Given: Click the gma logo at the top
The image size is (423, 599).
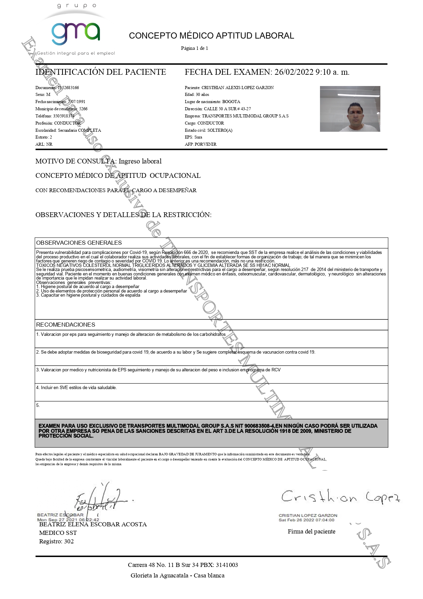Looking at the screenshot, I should tap(76, 33).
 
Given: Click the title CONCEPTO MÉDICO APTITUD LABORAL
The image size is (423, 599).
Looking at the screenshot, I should tap(211, 36).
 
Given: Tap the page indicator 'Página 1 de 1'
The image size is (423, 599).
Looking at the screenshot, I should tap(194, 48).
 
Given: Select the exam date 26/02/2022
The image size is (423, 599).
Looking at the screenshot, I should tap(294, 72).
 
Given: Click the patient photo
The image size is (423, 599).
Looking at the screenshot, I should tap(350, 109).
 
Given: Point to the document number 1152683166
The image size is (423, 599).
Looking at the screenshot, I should tap(68, 88).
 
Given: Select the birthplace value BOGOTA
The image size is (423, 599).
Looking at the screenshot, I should tap(231, 102).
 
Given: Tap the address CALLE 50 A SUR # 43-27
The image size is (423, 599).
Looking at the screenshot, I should tap(227, 109).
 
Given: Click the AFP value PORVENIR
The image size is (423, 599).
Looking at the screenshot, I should tap(205, 144).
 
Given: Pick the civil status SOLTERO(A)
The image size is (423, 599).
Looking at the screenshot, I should tap(220, 130).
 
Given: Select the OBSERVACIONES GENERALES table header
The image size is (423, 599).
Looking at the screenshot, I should tap(79, 243).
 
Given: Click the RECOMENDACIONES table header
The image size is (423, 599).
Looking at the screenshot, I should tap(65, 325).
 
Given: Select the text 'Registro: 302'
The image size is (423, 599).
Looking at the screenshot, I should tap(56, 541).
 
